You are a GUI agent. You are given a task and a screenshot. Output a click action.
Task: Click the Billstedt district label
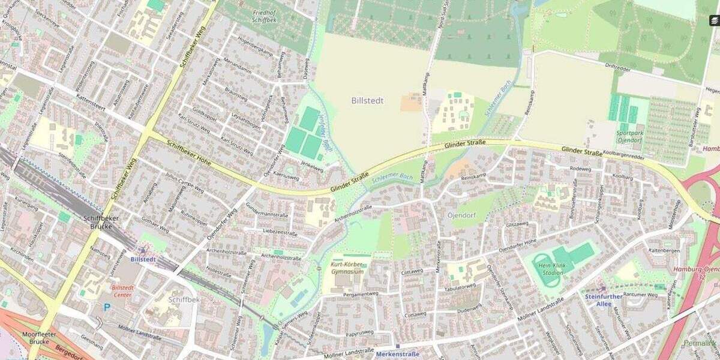367,101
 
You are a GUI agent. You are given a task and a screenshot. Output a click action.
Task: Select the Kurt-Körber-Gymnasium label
347,268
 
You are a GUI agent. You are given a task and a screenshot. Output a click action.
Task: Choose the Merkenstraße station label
397,355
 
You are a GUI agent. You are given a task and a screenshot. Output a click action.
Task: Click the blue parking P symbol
107,307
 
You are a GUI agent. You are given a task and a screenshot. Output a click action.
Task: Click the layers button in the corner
713,20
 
